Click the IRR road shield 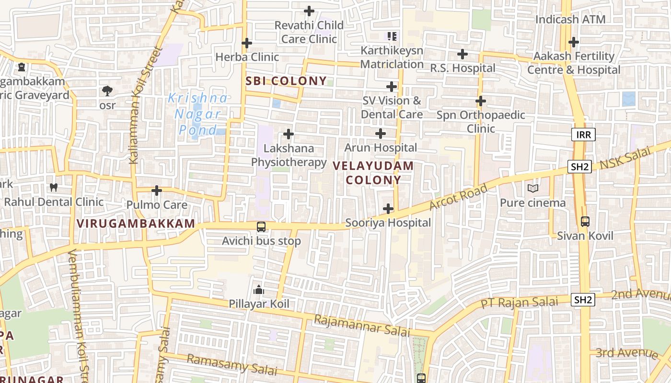583,135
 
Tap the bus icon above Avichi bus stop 261,226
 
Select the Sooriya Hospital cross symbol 388,209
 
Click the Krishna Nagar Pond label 198,114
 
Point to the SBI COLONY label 286,81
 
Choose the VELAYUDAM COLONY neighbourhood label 373,173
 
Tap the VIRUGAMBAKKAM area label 136,223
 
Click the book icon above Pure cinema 532,188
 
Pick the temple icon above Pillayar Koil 259,290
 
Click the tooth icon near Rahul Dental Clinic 54,188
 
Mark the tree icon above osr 107,90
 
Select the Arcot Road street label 459,197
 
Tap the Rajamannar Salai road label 362,326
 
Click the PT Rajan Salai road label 520,303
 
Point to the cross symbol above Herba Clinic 246,43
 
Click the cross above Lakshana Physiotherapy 288,134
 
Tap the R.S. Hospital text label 462,68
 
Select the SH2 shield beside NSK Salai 579,167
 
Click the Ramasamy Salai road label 232,365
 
